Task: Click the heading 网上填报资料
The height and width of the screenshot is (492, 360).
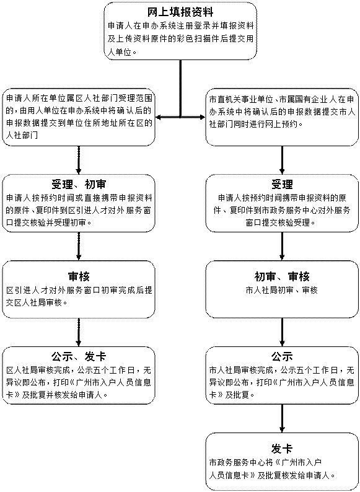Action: point(180,12)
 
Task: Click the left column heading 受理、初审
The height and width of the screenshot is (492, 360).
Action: point(79,184)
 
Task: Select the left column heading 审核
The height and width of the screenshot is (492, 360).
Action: point(79,276)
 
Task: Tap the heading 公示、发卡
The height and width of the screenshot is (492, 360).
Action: point(79,356)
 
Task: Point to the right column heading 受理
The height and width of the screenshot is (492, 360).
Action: point(282,184)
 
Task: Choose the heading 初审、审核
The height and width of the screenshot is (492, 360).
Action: point(282,276)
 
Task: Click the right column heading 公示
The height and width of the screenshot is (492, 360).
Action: point(282,356)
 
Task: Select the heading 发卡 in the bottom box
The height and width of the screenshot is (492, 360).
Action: point(282,449)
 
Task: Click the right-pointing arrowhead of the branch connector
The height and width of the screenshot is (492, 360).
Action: point(201,117)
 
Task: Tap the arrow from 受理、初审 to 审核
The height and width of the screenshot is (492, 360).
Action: point(79,246)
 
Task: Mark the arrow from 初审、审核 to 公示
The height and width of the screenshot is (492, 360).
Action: point(282,332)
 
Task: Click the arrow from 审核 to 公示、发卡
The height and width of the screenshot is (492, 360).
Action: point(79,332)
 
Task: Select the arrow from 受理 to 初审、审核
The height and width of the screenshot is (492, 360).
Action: point(282,246)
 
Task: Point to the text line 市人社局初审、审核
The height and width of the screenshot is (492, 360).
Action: point(282,290)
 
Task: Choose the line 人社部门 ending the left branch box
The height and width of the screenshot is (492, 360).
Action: point(22,136)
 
